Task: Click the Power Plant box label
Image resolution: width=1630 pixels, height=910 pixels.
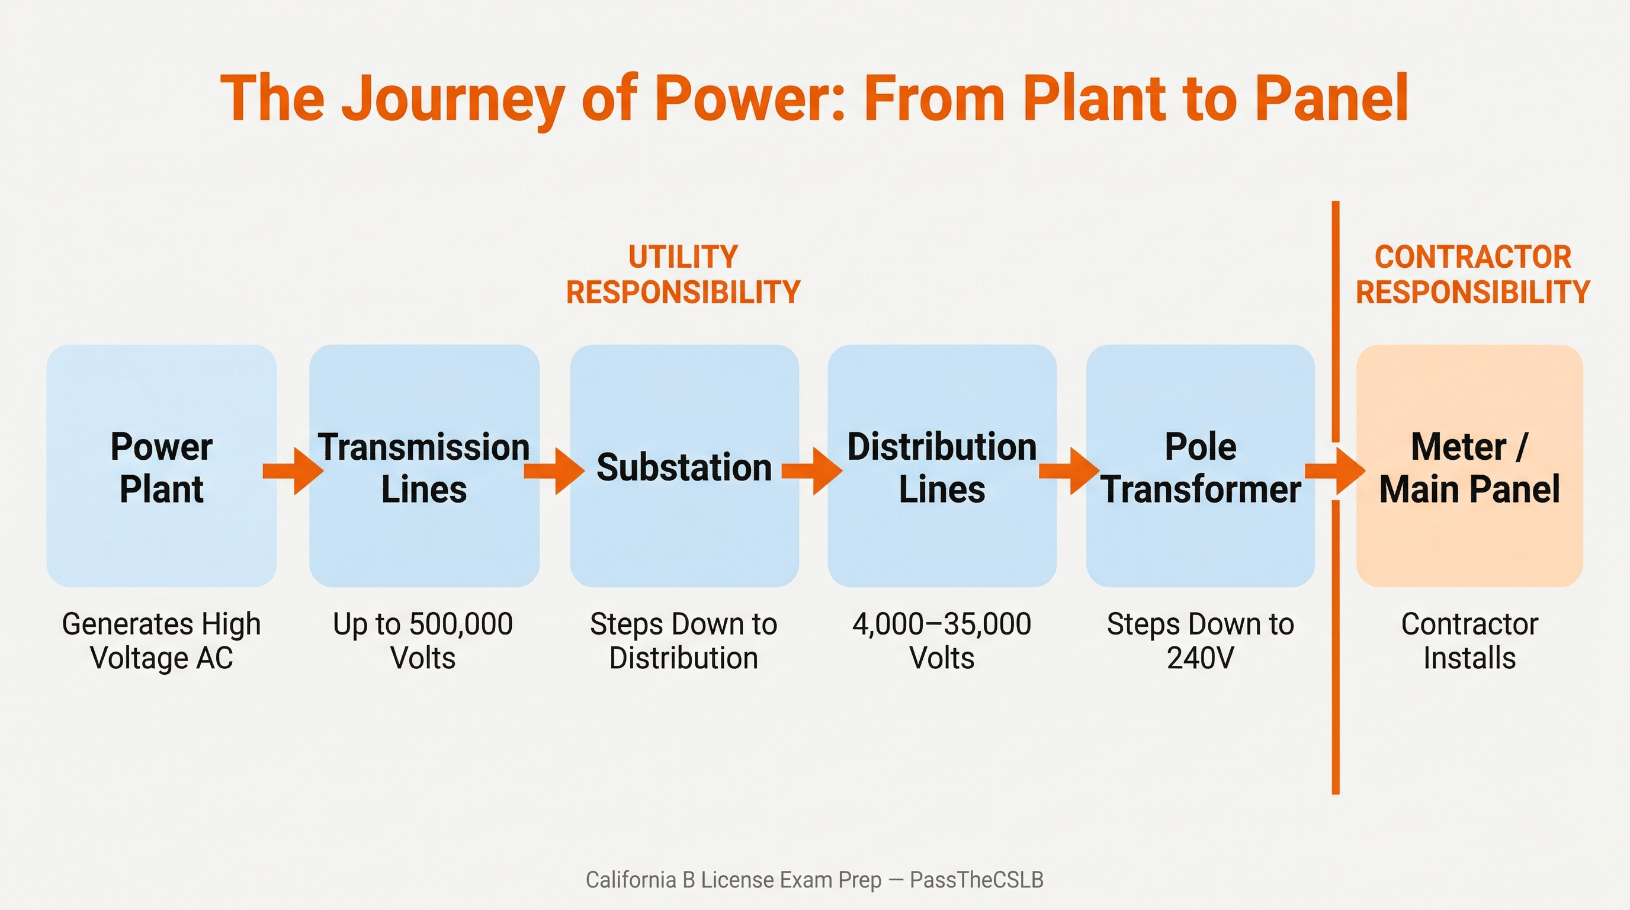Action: [x=161, y=467]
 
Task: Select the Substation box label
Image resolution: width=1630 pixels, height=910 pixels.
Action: [x=684, y=467]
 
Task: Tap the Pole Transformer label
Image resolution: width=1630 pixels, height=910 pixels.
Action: [x=1201, y=467]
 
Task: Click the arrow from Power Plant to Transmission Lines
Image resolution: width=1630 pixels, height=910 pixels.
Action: [x=294, y=471]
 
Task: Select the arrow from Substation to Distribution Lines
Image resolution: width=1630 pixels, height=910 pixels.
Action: [x=812, y=471]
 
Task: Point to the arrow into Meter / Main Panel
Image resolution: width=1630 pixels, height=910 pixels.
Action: [x=1335, y=471]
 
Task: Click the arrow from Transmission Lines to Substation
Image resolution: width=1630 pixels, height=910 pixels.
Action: [x=554, y=471]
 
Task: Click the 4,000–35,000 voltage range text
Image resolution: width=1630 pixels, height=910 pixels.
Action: [x=942, y=624]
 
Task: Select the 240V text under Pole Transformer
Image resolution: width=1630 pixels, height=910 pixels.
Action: [x=1201, y=658]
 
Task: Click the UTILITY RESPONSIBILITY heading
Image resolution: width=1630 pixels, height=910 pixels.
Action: [x=684, y=275]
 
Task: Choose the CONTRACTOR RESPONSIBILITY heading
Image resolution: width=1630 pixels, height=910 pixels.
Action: [x=1472, y=275]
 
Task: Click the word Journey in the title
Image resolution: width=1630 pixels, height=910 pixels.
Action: [x=453, y=100]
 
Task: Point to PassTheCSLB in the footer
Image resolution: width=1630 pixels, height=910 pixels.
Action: [x=976, y=880]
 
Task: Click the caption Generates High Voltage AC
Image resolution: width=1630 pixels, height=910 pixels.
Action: [x=161, y=640]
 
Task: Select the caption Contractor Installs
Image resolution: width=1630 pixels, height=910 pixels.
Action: [x=1469, y=640]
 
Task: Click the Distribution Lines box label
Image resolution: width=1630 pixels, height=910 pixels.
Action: [x=942, y=467]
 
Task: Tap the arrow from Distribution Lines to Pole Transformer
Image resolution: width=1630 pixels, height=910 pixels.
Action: [x=1069, y=471]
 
